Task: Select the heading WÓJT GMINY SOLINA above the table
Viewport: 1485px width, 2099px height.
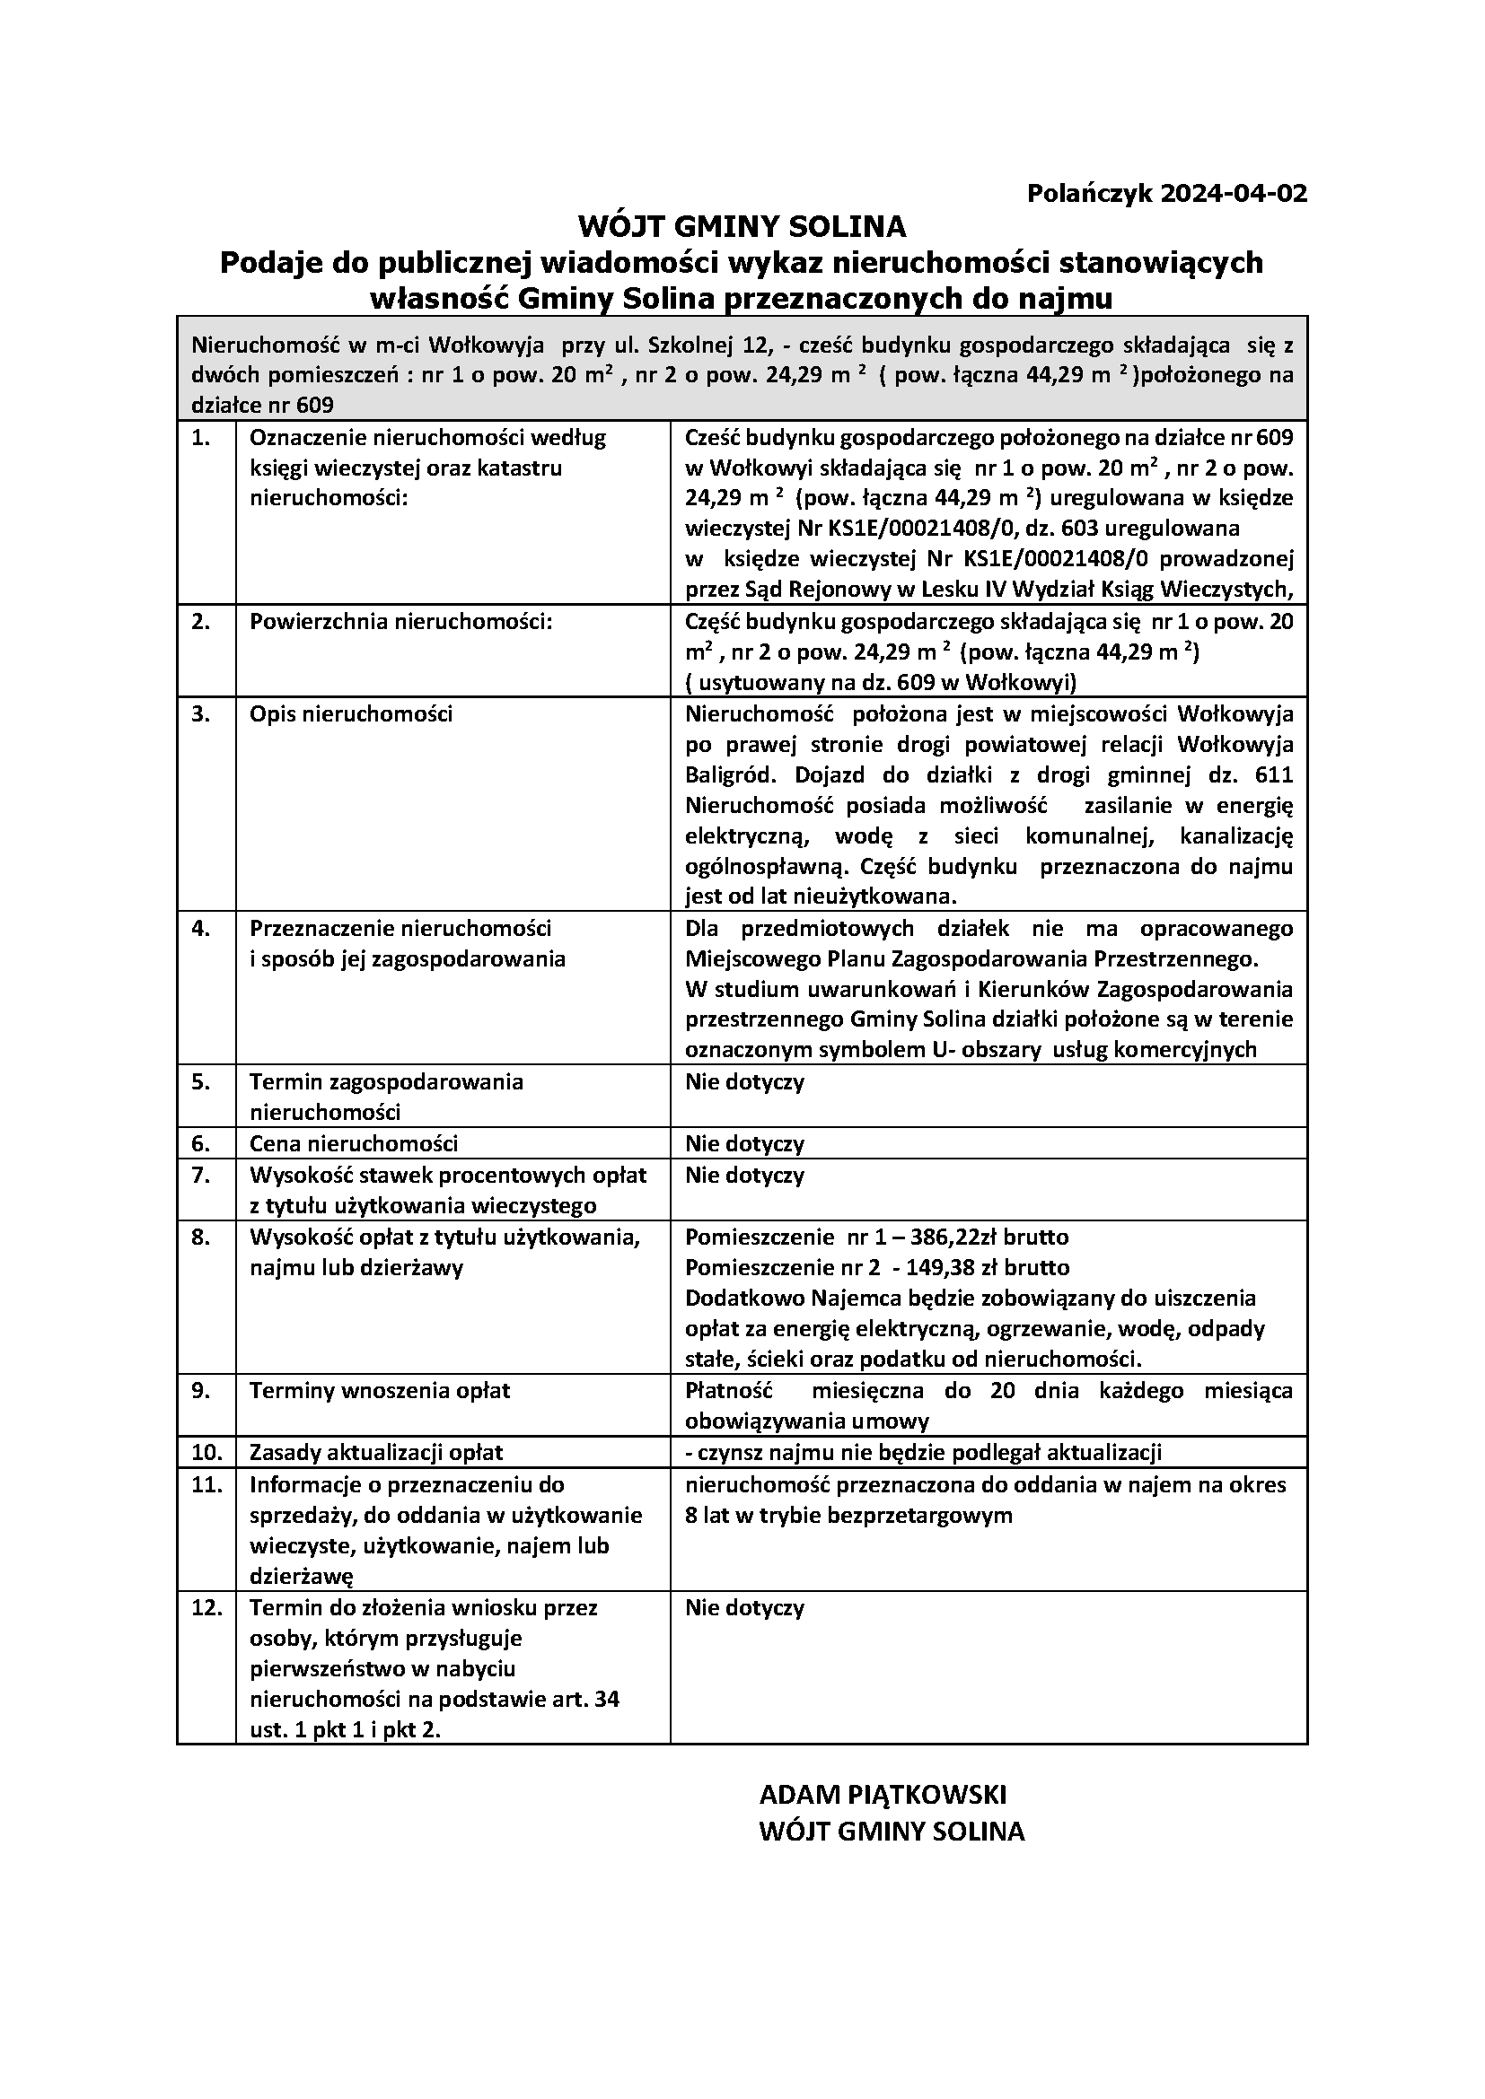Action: pyautogui.click(x=742, y=226)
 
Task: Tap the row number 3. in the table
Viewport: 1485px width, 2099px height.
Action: pyautogui.click(x=201, y=714)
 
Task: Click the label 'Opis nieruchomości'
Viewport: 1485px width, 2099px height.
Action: pyautogui.click(x=351, y=714)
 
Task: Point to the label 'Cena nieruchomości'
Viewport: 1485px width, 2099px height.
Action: pyautogui.click(x=354, y=1143)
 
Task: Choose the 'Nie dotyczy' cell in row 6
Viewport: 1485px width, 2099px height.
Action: pyautogui.click(x=744, y=1143)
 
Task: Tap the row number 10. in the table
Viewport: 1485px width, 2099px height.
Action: pyautogui.click(x=206, y=1453)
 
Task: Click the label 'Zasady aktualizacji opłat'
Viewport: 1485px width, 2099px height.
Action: pyautogui.click(x=376, y=1453)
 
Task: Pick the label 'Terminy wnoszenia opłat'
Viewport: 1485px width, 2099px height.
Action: pyautogui.click(x=380, y=1392)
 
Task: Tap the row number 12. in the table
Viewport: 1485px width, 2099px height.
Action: pyautogui.click(x=206, y=1608)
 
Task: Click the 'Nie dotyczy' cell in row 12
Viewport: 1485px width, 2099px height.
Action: pyautogui.click(x=744, y=1608)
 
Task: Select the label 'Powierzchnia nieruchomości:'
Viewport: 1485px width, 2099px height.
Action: pyautogui.click(x=401, y=622)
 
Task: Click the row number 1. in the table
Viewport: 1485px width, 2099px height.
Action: pyautogui.click(x=201, y=438)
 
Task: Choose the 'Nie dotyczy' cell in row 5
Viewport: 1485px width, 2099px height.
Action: pyautogui.click(x=744, y=1082)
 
